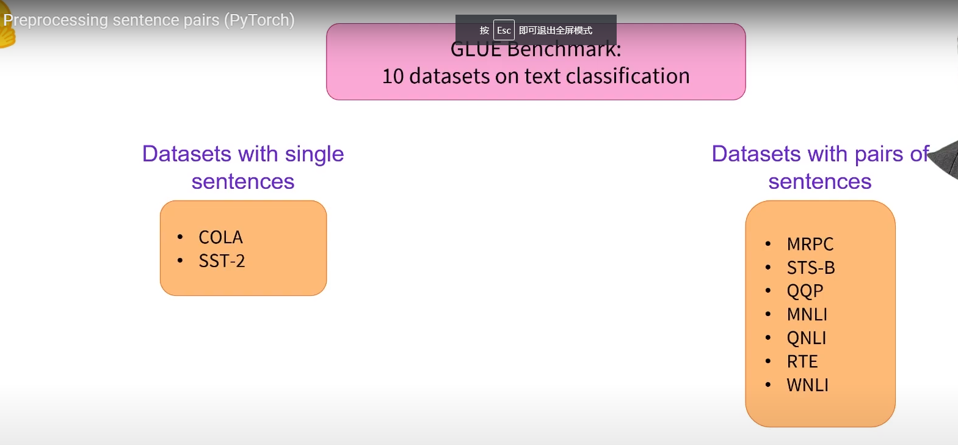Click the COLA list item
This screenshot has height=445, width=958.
pos(220,237)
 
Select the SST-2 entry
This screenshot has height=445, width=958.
pos(222,261)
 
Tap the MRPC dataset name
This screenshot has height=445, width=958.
pos(810,244)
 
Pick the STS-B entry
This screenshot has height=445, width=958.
pos(810,268)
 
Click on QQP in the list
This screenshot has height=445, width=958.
pos(805,291)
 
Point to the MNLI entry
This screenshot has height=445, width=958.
pos(807,314)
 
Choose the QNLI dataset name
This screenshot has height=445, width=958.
pos(806,338)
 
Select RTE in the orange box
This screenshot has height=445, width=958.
pos(802,361)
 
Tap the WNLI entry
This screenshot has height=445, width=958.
pos(807,385)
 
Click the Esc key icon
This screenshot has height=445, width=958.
pos(504,31)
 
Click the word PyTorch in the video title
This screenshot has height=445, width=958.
pos(259,20)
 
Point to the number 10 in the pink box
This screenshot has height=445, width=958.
pos(393,76)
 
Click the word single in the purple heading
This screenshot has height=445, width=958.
pos(314,154)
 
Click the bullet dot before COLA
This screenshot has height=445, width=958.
pos(180,237)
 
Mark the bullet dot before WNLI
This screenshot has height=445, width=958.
pos(768,385)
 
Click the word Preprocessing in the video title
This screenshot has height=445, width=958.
pos(56,20)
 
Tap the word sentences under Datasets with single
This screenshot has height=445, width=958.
pos(242,182)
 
